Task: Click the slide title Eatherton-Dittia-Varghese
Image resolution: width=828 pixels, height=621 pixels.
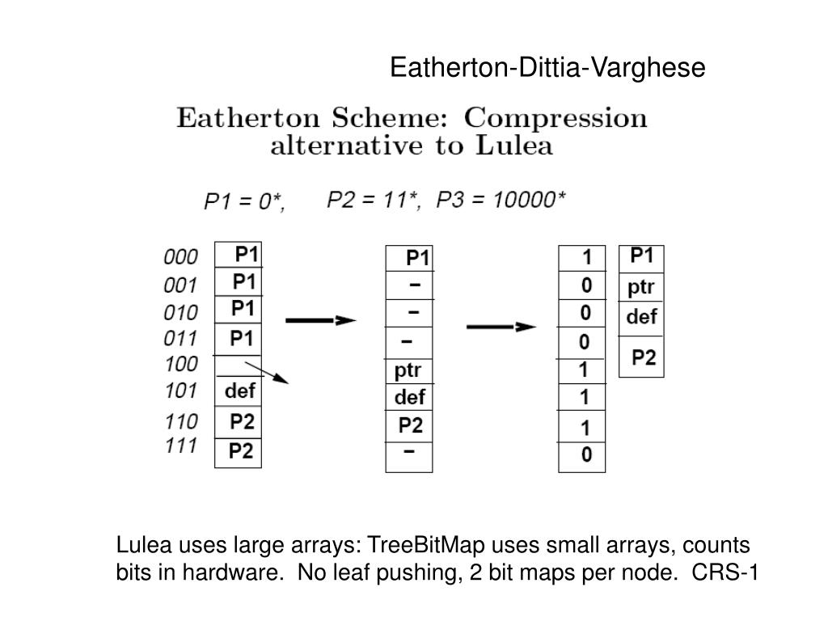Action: click(547, 68)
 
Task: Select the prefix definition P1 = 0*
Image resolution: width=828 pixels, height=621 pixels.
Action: click(243, 201)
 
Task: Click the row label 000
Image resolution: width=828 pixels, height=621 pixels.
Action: click(180, 257)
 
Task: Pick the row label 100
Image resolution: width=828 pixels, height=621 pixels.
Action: click(180, 364)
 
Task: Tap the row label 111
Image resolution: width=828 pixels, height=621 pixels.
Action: click(180, 446)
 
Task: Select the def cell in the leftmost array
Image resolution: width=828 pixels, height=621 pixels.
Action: click(240, 391)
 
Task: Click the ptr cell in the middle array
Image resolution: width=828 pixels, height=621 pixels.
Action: click(408, 371)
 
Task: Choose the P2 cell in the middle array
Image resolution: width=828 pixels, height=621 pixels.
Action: click(410, 425)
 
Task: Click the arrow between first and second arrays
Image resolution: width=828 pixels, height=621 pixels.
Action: click(321, 321)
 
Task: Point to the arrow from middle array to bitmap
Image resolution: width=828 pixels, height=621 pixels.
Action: click(501, 327)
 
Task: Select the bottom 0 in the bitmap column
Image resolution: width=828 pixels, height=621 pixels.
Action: click(586, 455)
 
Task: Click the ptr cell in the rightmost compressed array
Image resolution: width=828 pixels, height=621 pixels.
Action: click(641, 287)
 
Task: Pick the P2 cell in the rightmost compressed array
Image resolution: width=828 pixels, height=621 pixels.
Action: click(644, 357)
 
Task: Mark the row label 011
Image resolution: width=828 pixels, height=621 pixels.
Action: click(180, 338)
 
